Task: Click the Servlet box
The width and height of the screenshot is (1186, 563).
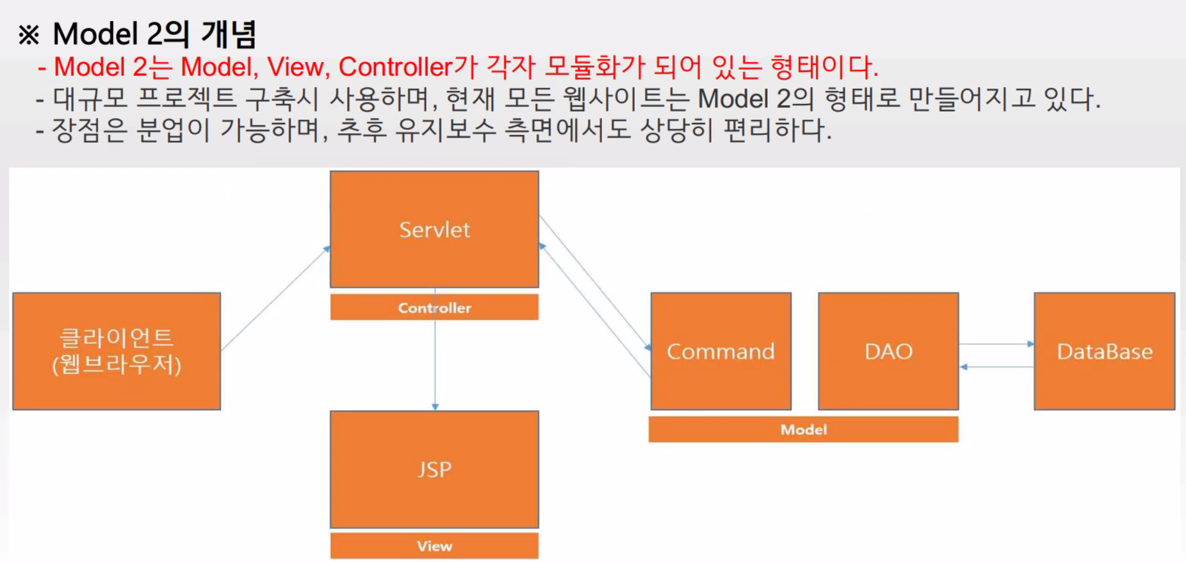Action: pos(434,229)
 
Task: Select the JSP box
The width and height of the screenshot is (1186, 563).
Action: pos(434,469)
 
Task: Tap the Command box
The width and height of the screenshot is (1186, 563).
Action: pos(721,351)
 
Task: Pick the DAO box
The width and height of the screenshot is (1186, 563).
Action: pos(888,351)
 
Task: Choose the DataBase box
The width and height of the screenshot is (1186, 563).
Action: pos(1105,351)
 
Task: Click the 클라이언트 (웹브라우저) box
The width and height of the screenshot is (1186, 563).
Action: pos(116,351)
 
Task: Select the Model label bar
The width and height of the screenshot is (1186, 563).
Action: pos(803,429)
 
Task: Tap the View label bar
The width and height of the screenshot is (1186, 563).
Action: pos(434,546)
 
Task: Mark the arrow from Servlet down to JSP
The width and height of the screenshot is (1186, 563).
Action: pos(435,364)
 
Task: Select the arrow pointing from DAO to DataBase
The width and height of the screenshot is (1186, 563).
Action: pos(996,344)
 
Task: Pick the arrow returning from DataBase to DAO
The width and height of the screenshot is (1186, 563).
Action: pos(996,367)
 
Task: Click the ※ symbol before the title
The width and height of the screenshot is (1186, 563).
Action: pos(28,35)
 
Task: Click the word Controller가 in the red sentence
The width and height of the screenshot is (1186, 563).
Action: pos(407,67)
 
